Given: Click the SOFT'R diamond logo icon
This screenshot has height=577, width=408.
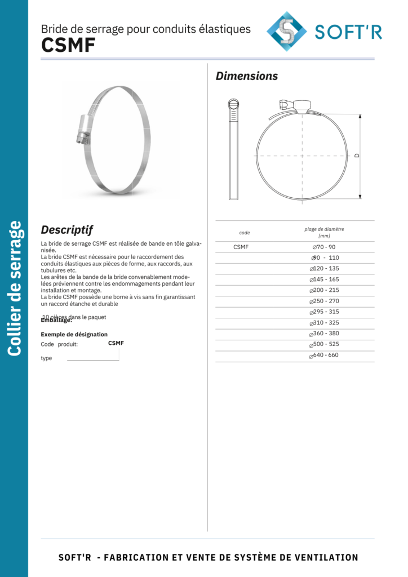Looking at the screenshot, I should [286, 31].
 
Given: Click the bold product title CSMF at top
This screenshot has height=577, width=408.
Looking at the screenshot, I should [68, 46].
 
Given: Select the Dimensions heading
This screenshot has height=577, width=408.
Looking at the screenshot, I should [247, 76].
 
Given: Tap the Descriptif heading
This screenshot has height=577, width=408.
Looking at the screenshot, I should [66, 230].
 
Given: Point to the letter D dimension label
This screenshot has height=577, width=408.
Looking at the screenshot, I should [356, 156].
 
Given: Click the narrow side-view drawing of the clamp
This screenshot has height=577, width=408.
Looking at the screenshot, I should [233, 149].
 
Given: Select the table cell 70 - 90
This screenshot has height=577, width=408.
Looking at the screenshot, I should [324, 247].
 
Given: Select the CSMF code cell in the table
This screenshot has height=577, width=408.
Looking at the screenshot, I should [241, 247].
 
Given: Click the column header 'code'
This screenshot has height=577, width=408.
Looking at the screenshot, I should [245, 233].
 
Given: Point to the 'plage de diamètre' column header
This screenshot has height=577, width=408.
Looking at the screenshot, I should [324, 229].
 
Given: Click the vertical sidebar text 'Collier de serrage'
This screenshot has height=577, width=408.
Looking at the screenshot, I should [14, 288].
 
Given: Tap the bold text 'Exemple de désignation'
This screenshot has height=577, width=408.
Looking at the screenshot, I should [74, 334].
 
